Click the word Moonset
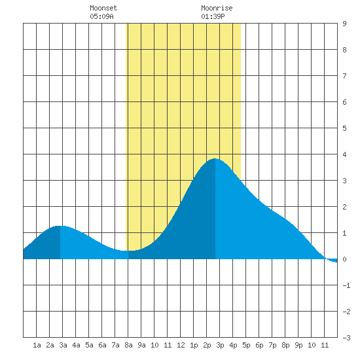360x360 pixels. coord(103,8)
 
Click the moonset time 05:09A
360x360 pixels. coord(101,16)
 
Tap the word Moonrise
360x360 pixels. coord(217,8)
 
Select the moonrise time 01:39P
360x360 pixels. coord(213,16)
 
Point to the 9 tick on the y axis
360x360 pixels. coord(344,24)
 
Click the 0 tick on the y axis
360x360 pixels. coord(344,259)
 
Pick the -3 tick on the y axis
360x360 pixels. coord(346,338)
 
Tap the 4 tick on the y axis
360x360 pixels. coord(344,154)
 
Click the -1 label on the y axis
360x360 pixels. coord(346,285)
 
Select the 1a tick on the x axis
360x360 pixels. coord(37,345)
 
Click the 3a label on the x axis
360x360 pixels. coord(63,345)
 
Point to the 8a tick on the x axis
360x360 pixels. coord(128,345)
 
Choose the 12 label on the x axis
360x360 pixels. coord(181,345)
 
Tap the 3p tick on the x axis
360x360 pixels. coord(220,345)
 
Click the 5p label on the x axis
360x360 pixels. coord(246,345)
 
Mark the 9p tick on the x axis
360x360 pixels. coord(298,345)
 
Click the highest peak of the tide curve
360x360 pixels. coord(215,158)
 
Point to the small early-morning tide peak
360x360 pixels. coord(60,226)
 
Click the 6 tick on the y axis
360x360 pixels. coord(344,102)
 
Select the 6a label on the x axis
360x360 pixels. coord(102,345)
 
